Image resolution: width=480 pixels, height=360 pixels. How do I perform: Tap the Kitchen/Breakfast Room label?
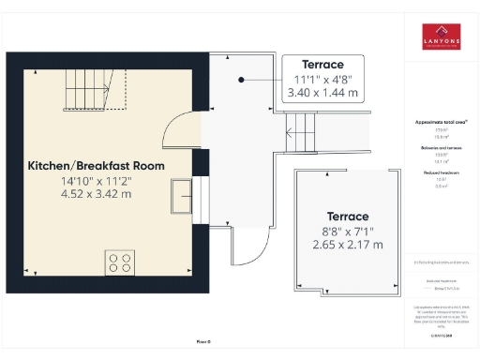(96, 166)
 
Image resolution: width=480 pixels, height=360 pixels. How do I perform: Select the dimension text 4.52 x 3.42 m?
(96, 194)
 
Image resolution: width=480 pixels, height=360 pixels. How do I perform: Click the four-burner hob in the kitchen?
(119, 262)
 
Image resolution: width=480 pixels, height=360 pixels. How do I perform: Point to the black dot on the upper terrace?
(242, 80)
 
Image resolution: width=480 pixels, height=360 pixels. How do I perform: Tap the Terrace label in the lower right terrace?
(347, 216)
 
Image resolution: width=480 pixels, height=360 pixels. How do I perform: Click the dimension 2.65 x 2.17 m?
(347, 245)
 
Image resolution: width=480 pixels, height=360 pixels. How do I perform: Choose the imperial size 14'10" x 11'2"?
(96, 181)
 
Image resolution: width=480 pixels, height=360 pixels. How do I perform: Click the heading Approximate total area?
(440, 123)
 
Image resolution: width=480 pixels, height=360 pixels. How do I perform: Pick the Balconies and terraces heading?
(440, 148)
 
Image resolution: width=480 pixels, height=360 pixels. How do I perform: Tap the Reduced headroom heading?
(440, 173)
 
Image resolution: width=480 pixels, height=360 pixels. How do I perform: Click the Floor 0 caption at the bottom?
(203, 341)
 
